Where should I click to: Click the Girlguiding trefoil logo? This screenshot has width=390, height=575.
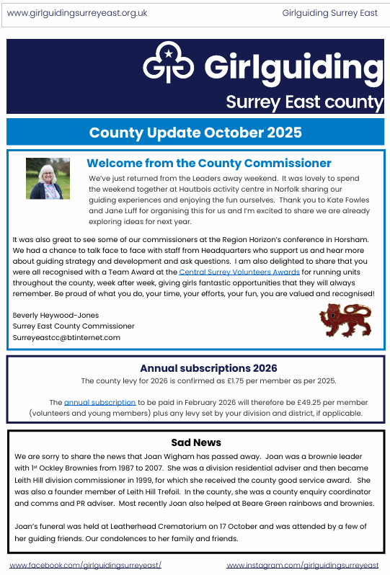click(170, 63)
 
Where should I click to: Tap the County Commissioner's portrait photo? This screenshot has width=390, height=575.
click(48, 179)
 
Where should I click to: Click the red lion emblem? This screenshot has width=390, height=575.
click(340, 319)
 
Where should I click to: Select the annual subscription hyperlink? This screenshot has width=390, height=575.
click(99, 402)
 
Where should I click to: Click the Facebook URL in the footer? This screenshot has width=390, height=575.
click(85, 566)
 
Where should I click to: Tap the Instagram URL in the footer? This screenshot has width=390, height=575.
click(303, 566)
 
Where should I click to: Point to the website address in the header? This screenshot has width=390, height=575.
click(77, 13)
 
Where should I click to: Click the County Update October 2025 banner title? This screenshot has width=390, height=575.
click(195, 133)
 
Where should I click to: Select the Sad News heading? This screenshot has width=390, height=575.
click(196, 442)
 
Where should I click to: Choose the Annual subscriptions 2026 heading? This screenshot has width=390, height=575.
click(208, 368)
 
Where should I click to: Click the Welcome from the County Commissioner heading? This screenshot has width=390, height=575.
click(209, 164)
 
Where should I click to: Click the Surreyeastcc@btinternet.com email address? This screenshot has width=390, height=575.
click(66, 337)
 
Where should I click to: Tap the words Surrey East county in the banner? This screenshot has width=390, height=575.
click(304, 102)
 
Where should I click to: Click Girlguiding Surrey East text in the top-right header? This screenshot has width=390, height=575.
click(329, 13)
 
